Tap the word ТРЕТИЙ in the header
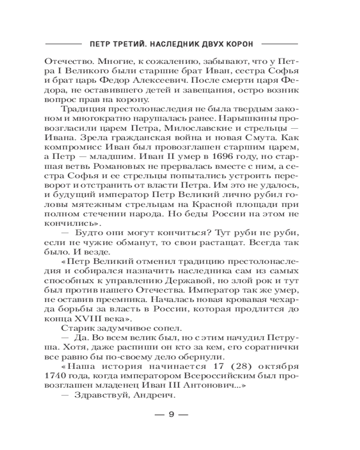coord(128,44)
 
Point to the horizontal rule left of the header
coord(64,44)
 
